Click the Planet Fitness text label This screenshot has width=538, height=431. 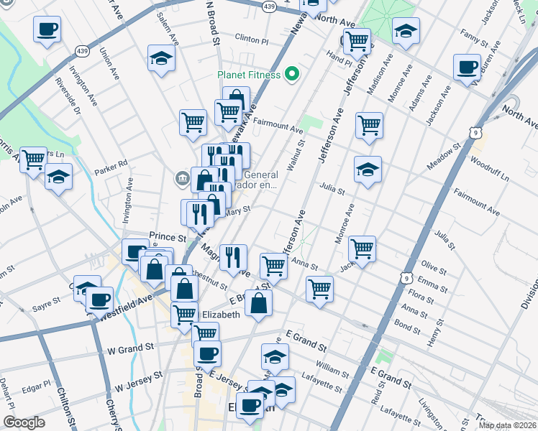pyautogui.click(x=250, y=74)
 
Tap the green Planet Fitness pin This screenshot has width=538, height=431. pyautogui.click(x=292, y=73)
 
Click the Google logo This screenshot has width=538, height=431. pyautogui.click(x=24, y=422)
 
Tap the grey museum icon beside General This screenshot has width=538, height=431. pyautogui.click(x=181, y=177)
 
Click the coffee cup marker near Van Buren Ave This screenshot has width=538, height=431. pyautogui.click(x=467, y=67)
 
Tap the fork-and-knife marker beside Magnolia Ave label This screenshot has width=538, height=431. pyautogui.click(x=233, y=256)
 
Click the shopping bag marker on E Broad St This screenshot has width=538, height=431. pyautogui.click(x=258, y=302)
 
